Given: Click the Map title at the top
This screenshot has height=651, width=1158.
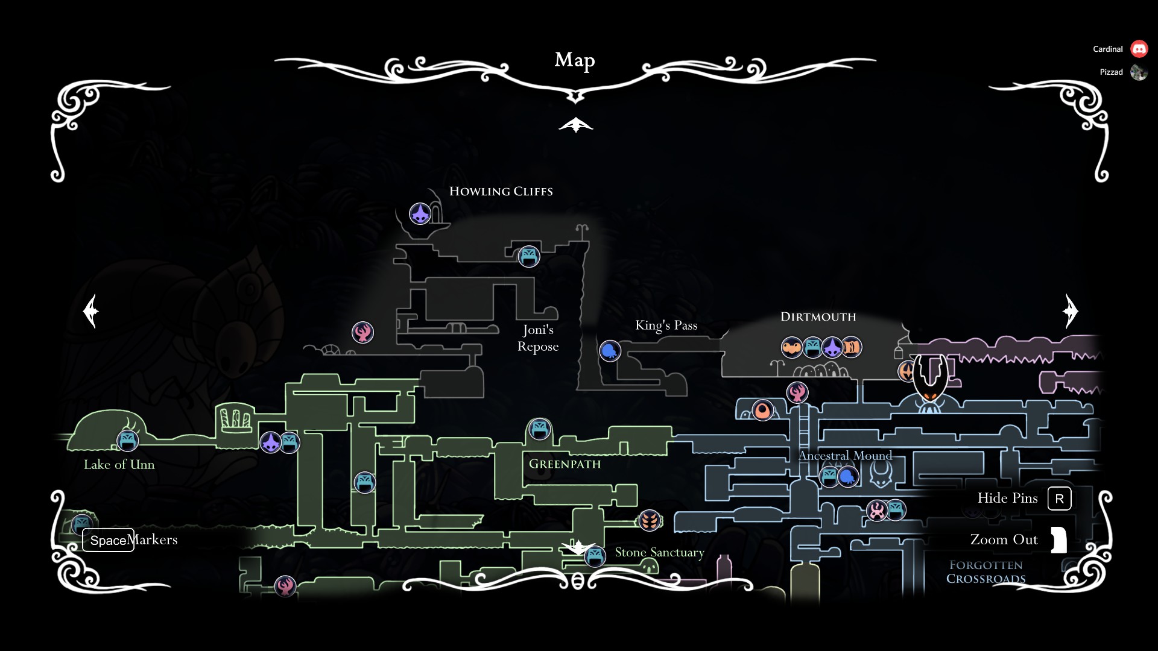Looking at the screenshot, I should pos(575,60).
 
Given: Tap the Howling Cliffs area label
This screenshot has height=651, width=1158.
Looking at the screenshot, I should pos(501,192).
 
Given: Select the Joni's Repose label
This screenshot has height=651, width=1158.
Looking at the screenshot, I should pos(538,338).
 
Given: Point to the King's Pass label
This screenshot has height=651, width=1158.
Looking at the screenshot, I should pos(666,325).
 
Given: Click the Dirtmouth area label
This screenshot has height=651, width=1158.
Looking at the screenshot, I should pos(818,317).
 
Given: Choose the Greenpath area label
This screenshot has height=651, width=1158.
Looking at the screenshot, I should pos(565,464).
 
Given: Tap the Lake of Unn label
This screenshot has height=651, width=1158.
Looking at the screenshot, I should pos(119,465).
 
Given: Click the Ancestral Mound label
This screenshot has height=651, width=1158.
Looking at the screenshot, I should pos(845,456).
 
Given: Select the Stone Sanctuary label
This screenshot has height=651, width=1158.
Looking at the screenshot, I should pos(659,552).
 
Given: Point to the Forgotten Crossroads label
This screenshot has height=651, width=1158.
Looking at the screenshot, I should pos(986,572).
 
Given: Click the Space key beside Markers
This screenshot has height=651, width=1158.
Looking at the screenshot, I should pos(108,540).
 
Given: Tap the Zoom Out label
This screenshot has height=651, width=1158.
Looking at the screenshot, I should pos(1004,540).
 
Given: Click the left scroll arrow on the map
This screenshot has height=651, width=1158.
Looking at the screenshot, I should pos(91,311).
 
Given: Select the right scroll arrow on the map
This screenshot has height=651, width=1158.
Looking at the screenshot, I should pos(1070,311).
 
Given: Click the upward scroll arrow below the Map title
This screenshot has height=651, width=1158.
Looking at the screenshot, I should pos(575,125).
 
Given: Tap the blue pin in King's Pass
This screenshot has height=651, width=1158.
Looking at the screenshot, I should pos(610,351).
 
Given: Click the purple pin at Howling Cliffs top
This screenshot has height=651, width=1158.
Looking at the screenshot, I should pos(420,213).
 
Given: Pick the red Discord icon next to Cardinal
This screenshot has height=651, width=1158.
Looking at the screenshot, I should pos(1139,49).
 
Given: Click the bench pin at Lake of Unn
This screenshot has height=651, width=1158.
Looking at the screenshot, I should pos(127,441).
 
